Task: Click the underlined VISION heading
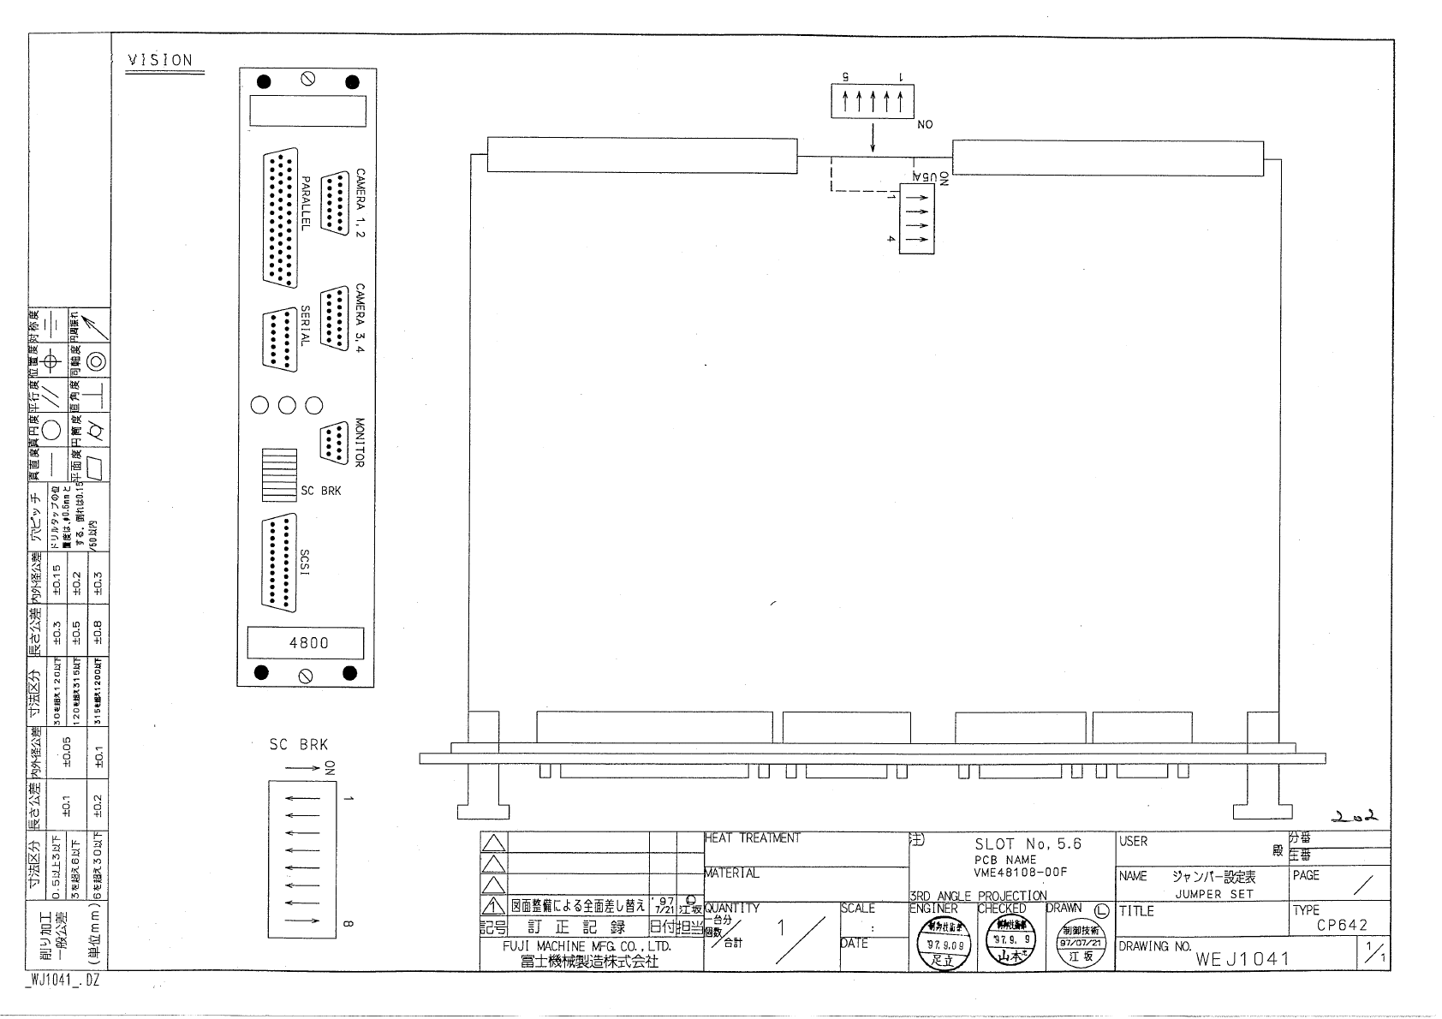pos(160,60)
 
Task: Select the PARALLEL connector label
pos(305,204)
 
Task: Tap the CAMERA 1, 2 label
pos(360,203)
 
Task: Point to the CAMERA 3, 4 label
pos(360,319)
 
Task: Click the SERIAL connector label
pos(305,326)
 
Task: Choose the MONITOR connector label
pos(360,442)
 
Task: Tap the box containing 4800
pos(306,643)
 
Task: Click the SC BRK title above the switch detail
pos(298,744)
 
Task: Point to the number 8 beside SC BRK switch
pos(348,923)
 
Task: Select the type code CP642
pos(1342,925)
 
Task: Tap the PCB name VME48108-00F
pos(1008,873)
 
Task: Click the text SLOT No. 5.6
pos(1028,844)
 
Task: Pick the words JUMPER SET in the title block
pos(1214,894)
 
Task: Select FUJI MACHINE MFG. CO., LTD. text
pos(587,946)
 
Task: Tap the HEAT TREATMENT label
pos(753,838)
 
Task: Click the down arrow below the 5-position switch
pos(873,138)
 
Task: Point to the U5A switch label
pos(923,176)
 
